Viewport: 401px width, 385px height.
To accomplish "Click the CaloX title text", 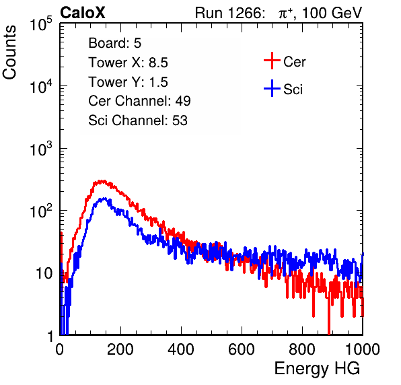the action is pyautogui.click(x=83, y=13).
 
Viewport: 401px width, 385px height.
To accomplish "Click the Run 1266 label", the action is pyautogui.click(x=229, y=13).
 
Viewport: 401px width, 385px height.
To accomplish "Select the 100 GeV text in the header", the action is pyautogui.click(x=332, y=13).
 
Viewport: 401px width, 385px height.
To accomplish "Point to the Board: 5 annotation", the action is pyautogui.click(x=115, y=43).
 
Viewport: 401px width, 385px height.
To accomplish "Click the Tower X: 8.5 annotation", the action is pyautogui.click(x=128, y=63).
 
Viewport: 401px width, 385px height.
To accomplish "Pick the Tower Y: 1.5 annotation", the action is pyautogui.click(x=128, y=82).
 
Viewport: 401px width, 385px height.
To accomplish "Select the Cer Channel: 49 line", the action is pyautogui.click(x=140, y=101).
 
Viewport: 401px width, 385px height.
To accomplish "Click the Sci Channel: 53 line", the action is pyautogui.click(x=138, y=120).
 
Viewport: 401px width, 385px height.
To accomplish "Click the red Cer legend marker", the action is pyautogui.click(x=272, y=61).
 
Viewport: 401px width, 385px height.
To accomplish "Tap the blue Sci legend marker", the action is pyautogui.click(x=272, y=89).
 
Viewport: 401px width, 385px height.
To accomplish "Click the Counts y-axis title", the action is pyautogui.click(x=9, y=52).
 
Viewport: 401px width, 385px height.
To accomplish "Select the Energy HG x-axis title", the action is pyautogui.click(x=317, y=369).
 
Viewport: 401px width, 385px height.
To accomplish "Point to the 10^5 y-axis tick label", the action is pyautogui.click(x=41, y=24).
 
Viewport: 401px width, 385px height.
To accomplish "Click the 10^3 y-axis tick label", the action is pyautogui.click(x=41, y=149).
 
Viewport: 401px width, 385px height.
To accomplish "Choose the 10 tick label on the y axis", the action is pyautogui.click(x=44, y=274).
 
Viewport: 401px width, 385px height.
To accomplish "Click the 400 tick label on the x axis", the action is pyautogui.click(x=181, y=349).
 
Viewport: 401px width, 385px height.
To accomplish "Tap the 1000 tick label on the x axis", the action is pyautogui.click(x=363, y=349).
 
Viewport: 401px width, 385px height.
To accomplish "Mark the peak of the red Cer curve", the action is pyautogui.click(x=102, y=181).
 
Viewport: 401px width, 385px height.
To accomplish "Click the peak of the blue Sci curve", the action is pyautogui.click(x=104, y=199).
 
